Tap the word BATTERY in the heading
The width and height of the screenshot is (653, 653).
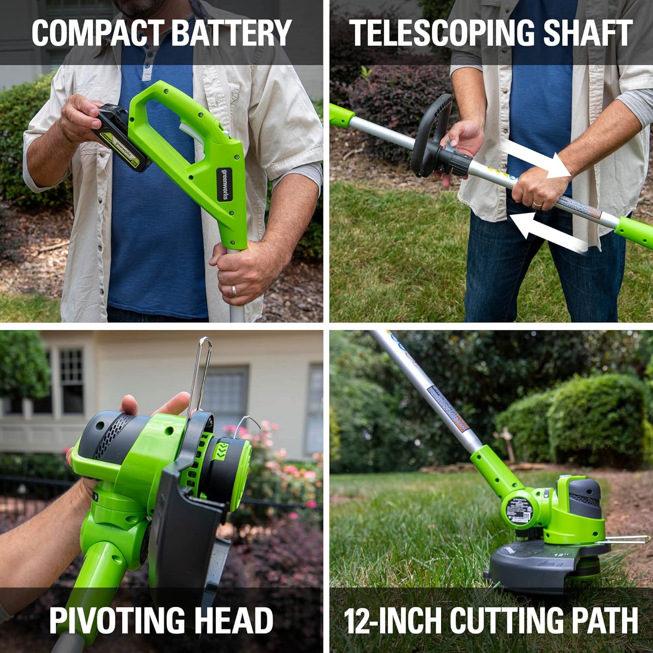click(231, 33)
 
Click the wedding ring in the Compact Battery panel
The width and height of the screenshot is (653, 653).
click(234, 290)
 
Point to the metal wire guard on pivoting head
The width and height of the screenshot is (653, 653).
click(200, 374)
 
